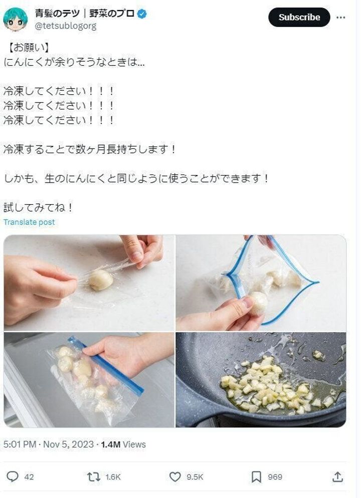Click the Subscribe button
click(x=299, y=17)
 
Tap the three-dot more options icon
click(x=341, y=17)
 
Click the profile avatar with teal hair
click(x=15, y=19)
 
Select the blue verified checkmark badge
click(x=142, y=14)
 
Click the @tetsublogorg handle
click(x=65, y=26)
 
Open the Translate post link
click(x=29, y=222)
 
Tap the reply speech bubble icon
click(x=13, y=476)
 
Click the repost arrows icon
click(x=94, y=476)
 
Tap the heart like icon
click(x=175, y=476)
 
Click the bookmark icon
click(x=256, y=476)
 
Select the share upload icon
click(x=338, y=476)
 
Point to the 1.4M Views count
click(x=123, y=444)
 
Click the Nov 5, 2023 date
click(x=69, y=444)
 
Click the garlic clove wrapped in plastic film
click(x=101, y=280)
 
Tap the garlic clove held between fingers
click(x=258, y=302)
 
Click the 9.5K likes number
click(x=194, y=477)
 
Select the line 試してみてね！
click(x=39, y=208)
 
